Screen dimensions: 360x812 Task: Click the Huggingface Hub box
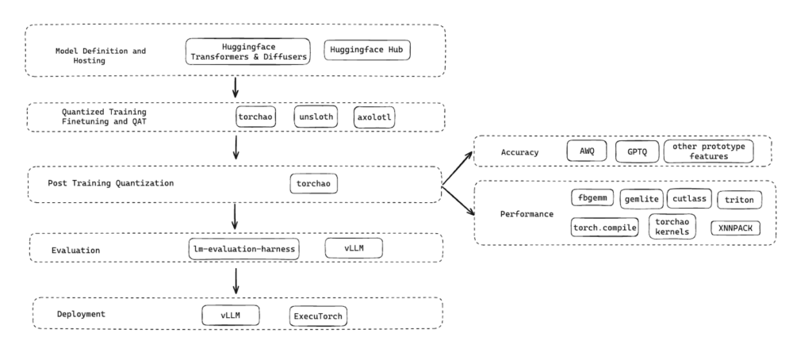coord(369,51)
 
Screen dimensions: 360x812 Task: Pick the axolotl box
coord(375,117)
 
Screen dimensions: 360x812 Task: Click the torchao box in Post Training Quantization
coord(313,183)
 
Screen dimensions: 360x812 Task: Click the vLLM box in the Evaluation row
coord(354,248)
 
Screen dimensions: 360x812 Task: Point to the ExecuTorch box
coord(319,315)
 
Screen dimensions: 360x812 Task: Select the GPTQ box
coord(636,151)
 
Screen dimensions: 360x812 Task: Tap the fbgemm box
coord(592,198)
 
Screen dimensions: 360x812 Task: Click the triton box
coord(740,200)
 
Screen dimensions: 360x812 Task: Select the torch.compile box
coord(604,228)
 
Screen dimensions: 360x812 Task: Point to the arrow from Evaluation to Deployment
coord(235,280)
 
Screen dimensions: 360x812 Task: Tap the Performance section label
coord(527,214)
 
